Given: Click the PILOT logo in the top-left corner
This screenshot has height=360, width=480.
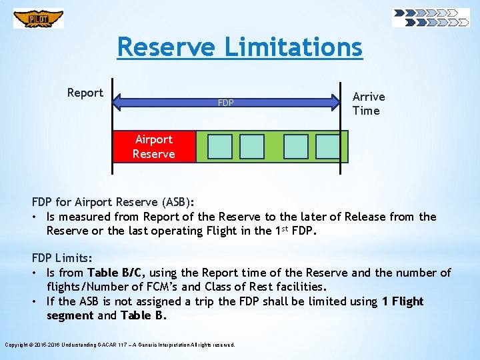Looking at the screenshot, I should click(x=39, y=19).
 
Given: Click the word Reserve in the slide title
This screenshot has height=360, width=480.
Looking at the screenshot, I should click(x=166, y=47).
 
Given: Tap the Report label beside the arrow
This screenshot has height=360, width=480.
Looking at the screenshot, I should click(x=85, y=93).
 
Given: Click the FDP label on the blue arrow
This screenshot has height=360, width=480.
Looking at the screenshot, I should click(x=226, y=103).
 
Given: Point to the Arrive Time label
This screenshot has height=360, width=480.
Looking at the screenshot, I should click(x=368, y=103).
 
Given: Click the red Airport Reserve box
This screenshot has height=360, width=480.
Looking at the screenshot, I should click(x=154, y=147).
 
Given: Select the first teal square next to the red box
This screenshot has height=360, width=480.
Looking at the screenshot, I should click(x=220, y=147).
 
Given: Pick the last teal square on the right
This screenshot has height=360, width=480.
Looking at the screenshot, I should click(x=327, y=147).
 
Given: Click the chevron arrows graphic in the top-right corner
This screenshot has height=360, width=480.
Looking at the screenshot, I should click(x=431, y=17).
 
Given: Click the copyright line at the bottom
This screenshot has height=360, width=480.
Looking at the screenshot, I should click(x=120, y=345).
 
